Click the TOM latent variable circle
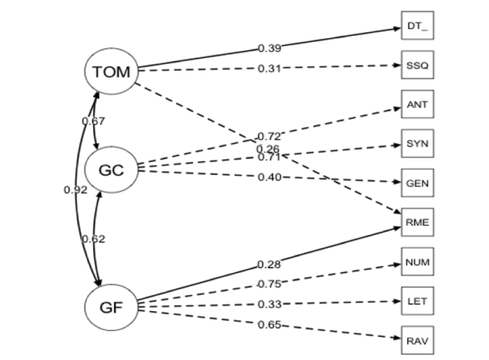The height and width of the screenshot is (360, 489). tap(111, 72)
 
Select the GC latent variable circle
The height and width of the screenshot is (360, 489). tap(111, 170)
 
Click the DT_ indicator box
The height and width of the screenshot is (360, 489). tap(416, 26)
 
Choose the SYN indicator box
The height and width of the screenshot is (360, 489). tap(416, 143)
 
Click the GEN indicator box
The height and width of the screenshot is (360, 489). tap(416, 183)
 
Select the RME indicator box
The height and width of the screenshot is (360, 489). tap(416, 222)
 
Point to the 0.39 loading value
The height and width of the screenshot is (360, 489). tap(269, 48)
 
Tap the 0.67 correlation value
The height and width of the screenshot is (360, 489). tap(93, 121)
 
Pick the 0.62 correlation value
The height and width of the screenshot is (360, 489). tap(93, 239)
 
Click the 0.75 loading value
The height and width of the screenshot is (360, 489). tap(269, 283)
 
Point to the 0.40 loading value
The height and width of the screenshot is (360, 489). tap(269, 177)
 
